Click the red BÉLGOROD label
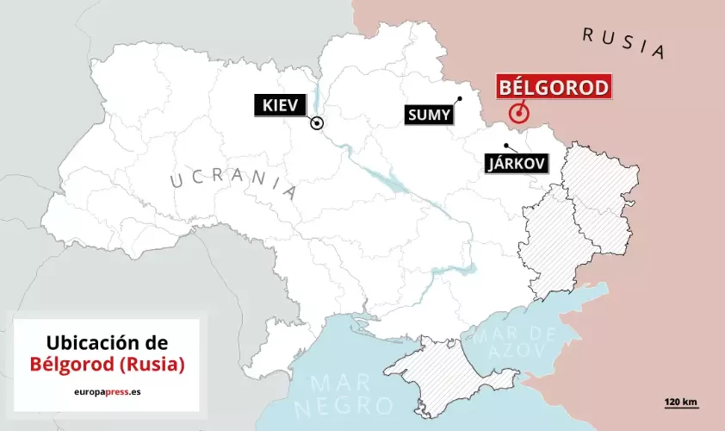click(x=554, y=88)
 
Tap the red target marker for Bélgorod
click(x=518, y=113)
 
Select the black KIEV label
click(x=279, y=106)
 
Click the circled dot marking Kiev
click(x=317, y=123)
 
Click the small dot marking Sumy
click(x=461, y=98)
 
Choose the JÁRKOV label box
click(x=517, y=164)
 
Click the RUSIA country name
click(x=623, y=42)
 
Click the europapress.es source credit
click(x=107, y=390)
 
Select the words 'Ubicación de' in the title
click(x=107, y=342)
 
